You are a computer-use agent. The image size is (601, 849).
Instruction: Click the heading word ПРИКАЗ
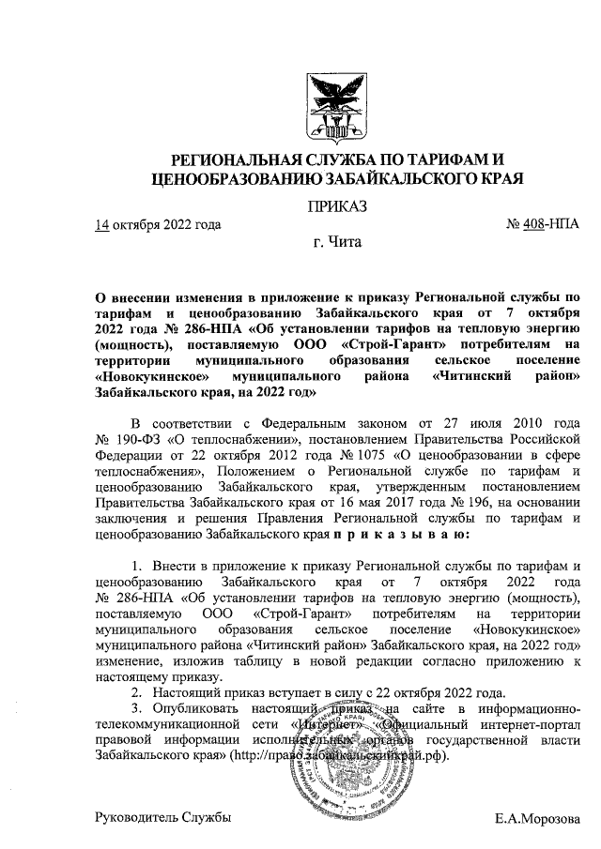[x=337, y=205]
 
